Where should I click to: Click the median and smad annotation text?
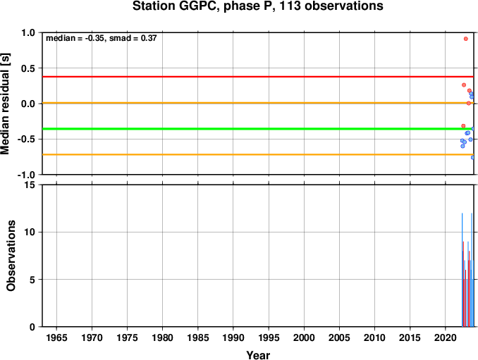(102, 38)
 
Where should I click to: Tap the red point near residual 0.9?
(466, 39)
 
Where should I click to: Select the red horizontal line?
(258, 77)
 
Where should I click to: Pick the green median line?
(258, 129)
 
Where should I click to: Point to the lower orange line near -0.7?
(258, 155)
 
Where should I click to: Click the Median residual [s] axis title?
(5, 104)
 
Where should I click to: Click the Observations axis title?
(11, 256)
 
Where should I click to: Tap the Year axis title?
(258, 355)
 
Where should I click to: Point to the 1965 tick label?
(56, 337)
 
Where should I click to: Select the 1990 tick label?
(233, 337)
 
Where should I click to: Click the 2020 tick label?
(446, 337)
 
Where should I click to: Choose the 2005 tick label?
(339, 337)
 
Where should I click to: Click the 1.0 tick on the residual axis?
(28, 32)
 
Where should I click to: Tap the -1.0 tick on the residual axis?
(26, 175)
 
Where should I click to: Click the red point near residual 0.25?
(464, 85)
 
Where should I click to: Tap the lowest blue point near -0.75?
(473, 158)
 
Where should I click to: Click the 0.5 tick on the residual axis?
(28, 68)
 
